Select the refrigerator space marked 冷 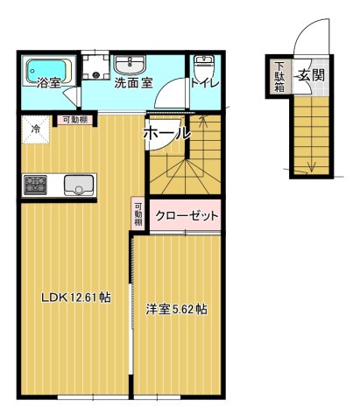point(36,129)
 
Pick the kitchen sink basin point(78,185)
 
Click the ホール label point(166,133)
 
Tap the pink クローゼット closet point(185,215)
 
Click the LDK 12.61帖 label point(76,297)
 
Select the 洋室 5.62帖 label point(177,309)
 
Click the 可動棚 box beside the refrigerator point(72,121)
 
